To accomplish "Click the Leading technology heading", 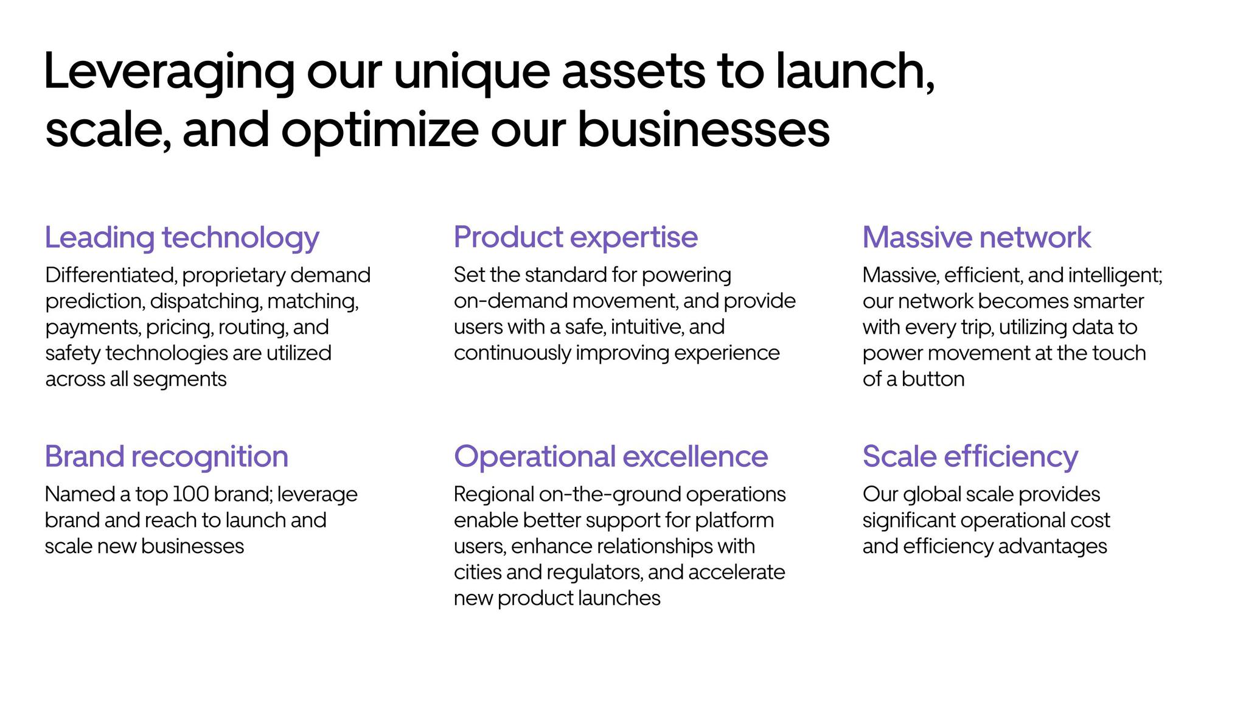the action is tap(182, 238).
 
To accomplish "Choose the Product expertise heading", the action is tap(576, 237).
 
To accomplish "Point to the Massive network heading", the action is tap(976, 237).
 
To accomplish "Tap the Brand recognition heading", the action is tap(167, 456).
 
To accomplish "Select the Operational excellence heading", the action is tap(611, 456).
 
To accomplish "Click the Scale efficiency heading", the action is tap(970, 456).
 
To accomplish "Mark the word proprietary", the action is tap(234, 276).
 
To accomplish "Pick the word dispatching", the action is tap(206, 302).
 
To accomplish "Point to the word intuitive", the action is tap(647, 327).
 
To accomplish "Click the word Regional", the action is tap(494, 495).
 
